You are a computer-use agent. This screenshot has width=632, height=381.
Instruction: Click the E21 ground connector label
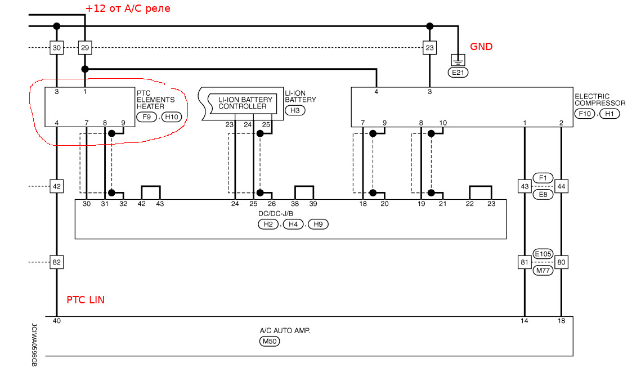(x=458, y=72)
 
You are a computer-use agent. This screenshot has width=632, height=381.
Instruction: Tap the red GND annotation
(x=481, y=47)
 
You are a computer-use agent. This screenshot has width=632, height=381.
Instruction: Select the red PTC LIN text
(x=86, y=300)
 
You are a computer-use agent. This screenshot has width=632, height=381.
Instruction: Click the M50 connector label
(x=270, y=341)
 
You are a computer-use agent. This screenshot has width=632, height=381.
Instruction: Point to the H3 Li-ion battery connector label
(x=295, y=110)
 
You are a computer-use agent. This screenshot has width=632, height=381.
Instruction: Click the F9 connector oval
(x=146, y=117)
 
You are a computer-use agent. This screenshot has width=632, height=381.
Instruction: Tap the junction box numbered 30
(x=56, y=48)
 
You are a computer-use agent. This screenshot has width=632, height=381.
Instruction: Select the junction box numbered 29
(x=85, y=48)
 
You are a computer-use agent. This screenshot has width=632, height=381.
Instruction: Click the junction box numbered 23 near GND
(x=430, y=48)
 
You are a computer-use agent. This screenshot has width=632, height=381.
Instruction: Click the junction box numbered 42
(x=56, y=186)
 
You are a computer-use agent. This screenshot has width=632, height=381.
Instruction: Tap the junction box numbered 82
(x=56, y=262)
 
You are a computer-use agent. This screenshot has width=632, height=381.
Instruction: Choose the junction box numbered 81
(x=525, y=262)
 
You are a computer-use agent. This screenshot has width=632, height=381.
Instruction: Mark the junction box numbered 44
(x=561, y=186)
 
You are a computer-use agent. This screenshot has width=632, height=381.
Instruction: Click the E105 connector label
(x=543, y=254)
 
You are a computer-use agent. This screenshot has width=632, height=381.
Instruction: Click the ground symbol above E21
(x=458, y=59)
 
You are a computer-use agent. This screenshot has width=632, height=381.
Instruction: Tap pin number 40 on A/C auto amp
(x=57, y=321)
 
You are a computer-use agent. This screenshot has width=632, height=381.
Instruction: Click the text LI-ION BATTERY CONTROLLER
(x=245, y=103)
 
